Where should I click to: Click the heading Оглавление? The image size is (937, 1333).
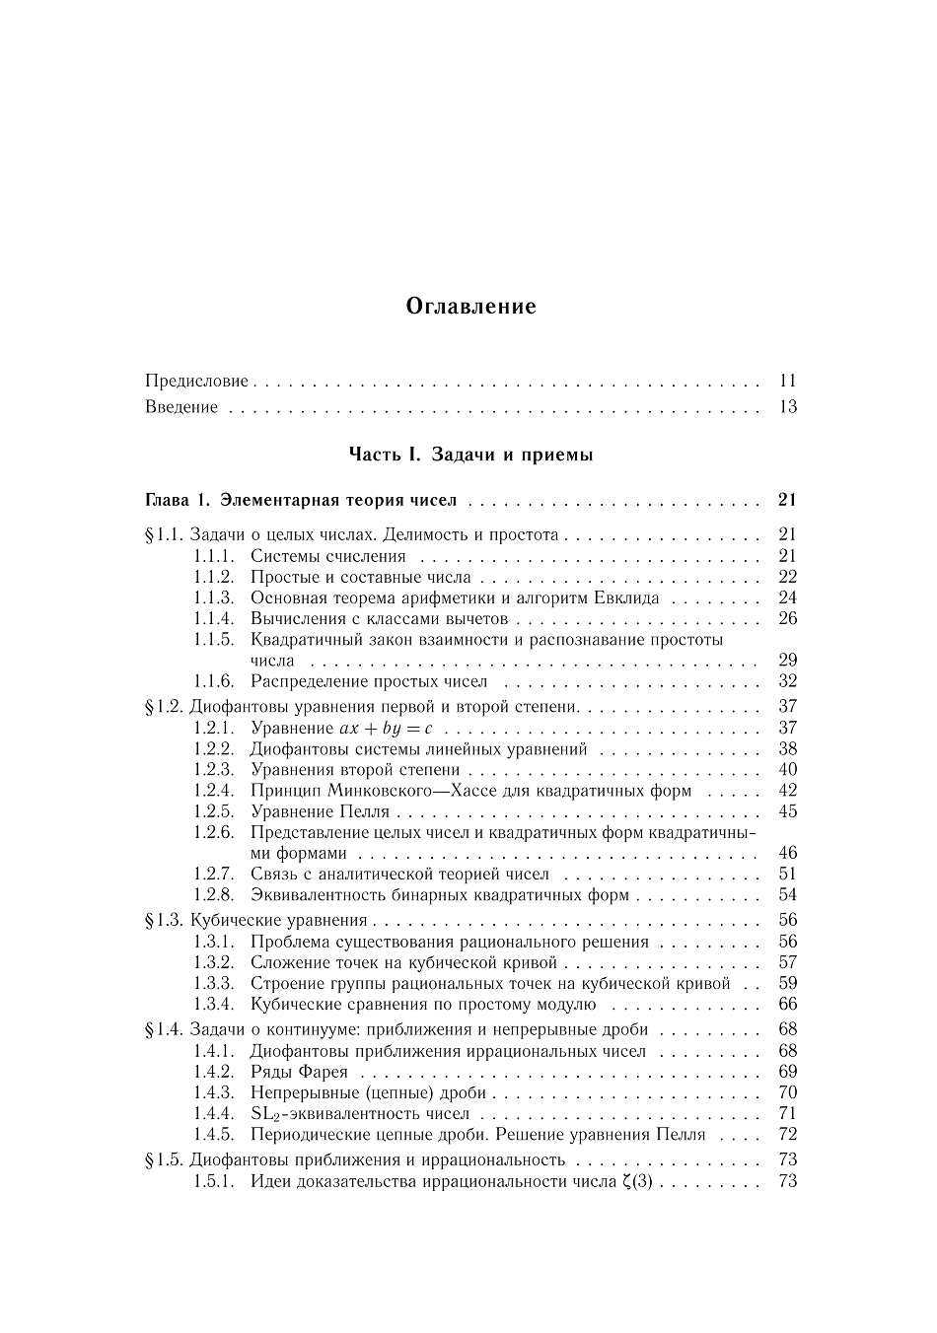point(470,306)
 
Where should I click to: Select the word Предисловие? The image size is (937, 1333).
point(196,381)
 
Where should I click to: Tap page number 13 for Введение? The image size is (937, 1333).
point(787,406)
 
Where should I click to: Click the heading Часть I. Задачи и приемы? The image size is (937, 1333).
point(470,455)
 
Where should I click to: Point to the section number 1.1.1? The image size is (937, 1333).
point(213,556)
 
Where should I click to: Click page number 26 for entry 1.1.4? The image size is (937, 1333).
point(787,618)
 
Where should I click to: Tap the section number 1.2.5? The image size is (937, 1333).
point(213,811)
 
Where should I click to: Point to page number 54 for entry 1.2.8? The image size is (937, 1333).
point(787,895)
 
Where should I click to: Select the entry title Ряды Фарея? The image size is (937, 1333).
point(299,1072)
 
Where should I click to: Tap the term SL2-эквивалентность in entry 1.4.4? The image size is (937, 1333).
point(360,1113)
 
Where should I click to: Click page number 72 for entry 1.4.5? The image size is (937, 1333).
point(787,1134)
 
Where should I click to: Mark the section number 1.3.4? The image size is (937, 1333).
point(213,1004)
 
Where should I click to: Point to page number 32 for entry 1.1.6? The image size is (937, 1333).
point(787,680)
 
